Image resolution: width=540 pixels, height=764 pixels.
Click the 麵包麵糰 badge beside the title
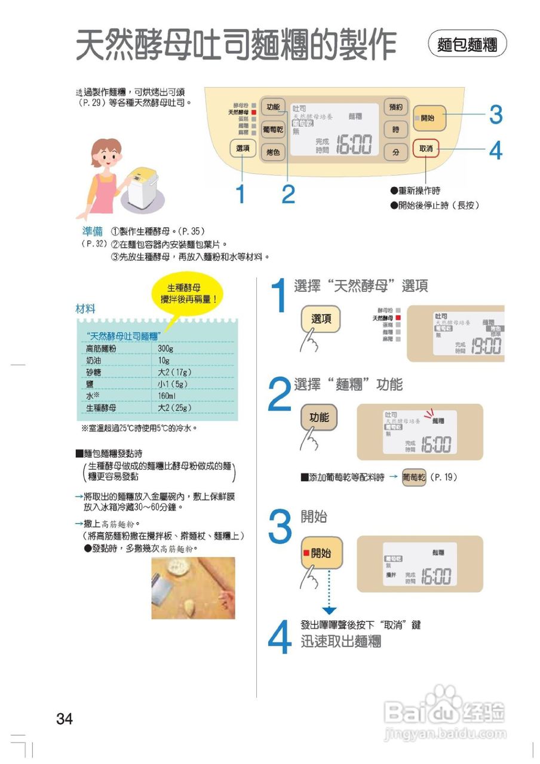click(467, 45)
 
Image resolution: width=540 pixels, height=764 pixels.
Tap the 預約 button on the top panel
click(395, 107)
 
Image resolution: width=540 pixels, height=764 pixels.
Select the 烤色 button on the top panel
click(273, 152)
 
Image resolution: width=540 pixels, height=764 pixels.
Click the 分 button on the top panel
click(395, 152)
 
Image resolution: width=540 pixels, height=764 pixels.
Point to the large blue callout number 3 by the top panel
click(495, 115)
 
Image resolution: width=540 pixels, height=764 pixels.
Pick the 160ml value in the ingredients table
click(167, 396)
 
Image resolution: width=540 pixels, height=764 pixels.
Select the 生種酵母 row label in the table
click(101, 408)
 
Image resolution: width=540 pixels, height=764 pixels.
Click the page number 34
click(65, 719)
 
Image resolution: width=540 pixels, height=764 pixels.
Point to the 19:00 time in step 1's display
click(486, 347)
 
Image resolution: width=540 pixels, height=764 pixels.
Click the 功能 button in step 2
click(319, 417)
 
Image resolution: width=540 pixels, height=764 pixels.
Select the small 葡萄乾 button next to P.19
click(413, 478)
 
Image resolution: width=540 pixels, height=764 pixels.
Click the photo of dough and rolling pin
click(193, 588)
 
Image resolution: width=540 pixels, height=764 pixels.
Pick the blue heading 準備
click(92, 231)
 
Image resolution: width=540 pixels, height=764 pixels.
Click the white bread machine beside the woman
click(143, 186)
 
